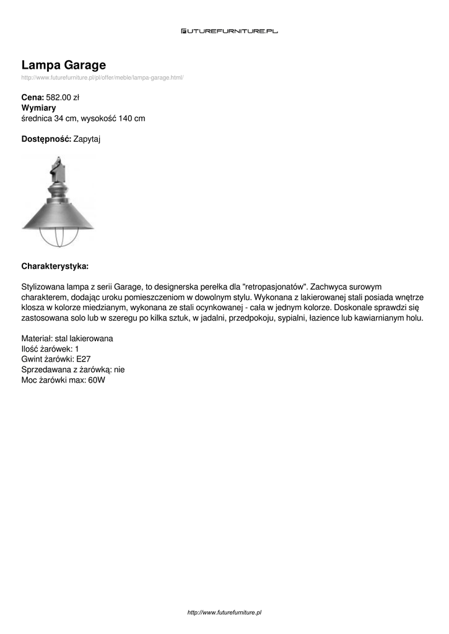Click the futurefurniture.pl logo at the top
click(229, 30)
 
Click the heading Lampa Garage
click(64, 65)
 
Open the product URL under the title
click(102, 77)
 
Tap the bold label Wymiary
click(38, 108)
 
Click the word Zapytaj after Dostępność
click(87, 139)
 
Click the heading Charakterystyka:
click(55, 266)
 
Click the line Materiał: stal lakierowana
click(67, 339)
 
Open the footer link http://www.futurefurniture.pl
click(225, 612)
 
